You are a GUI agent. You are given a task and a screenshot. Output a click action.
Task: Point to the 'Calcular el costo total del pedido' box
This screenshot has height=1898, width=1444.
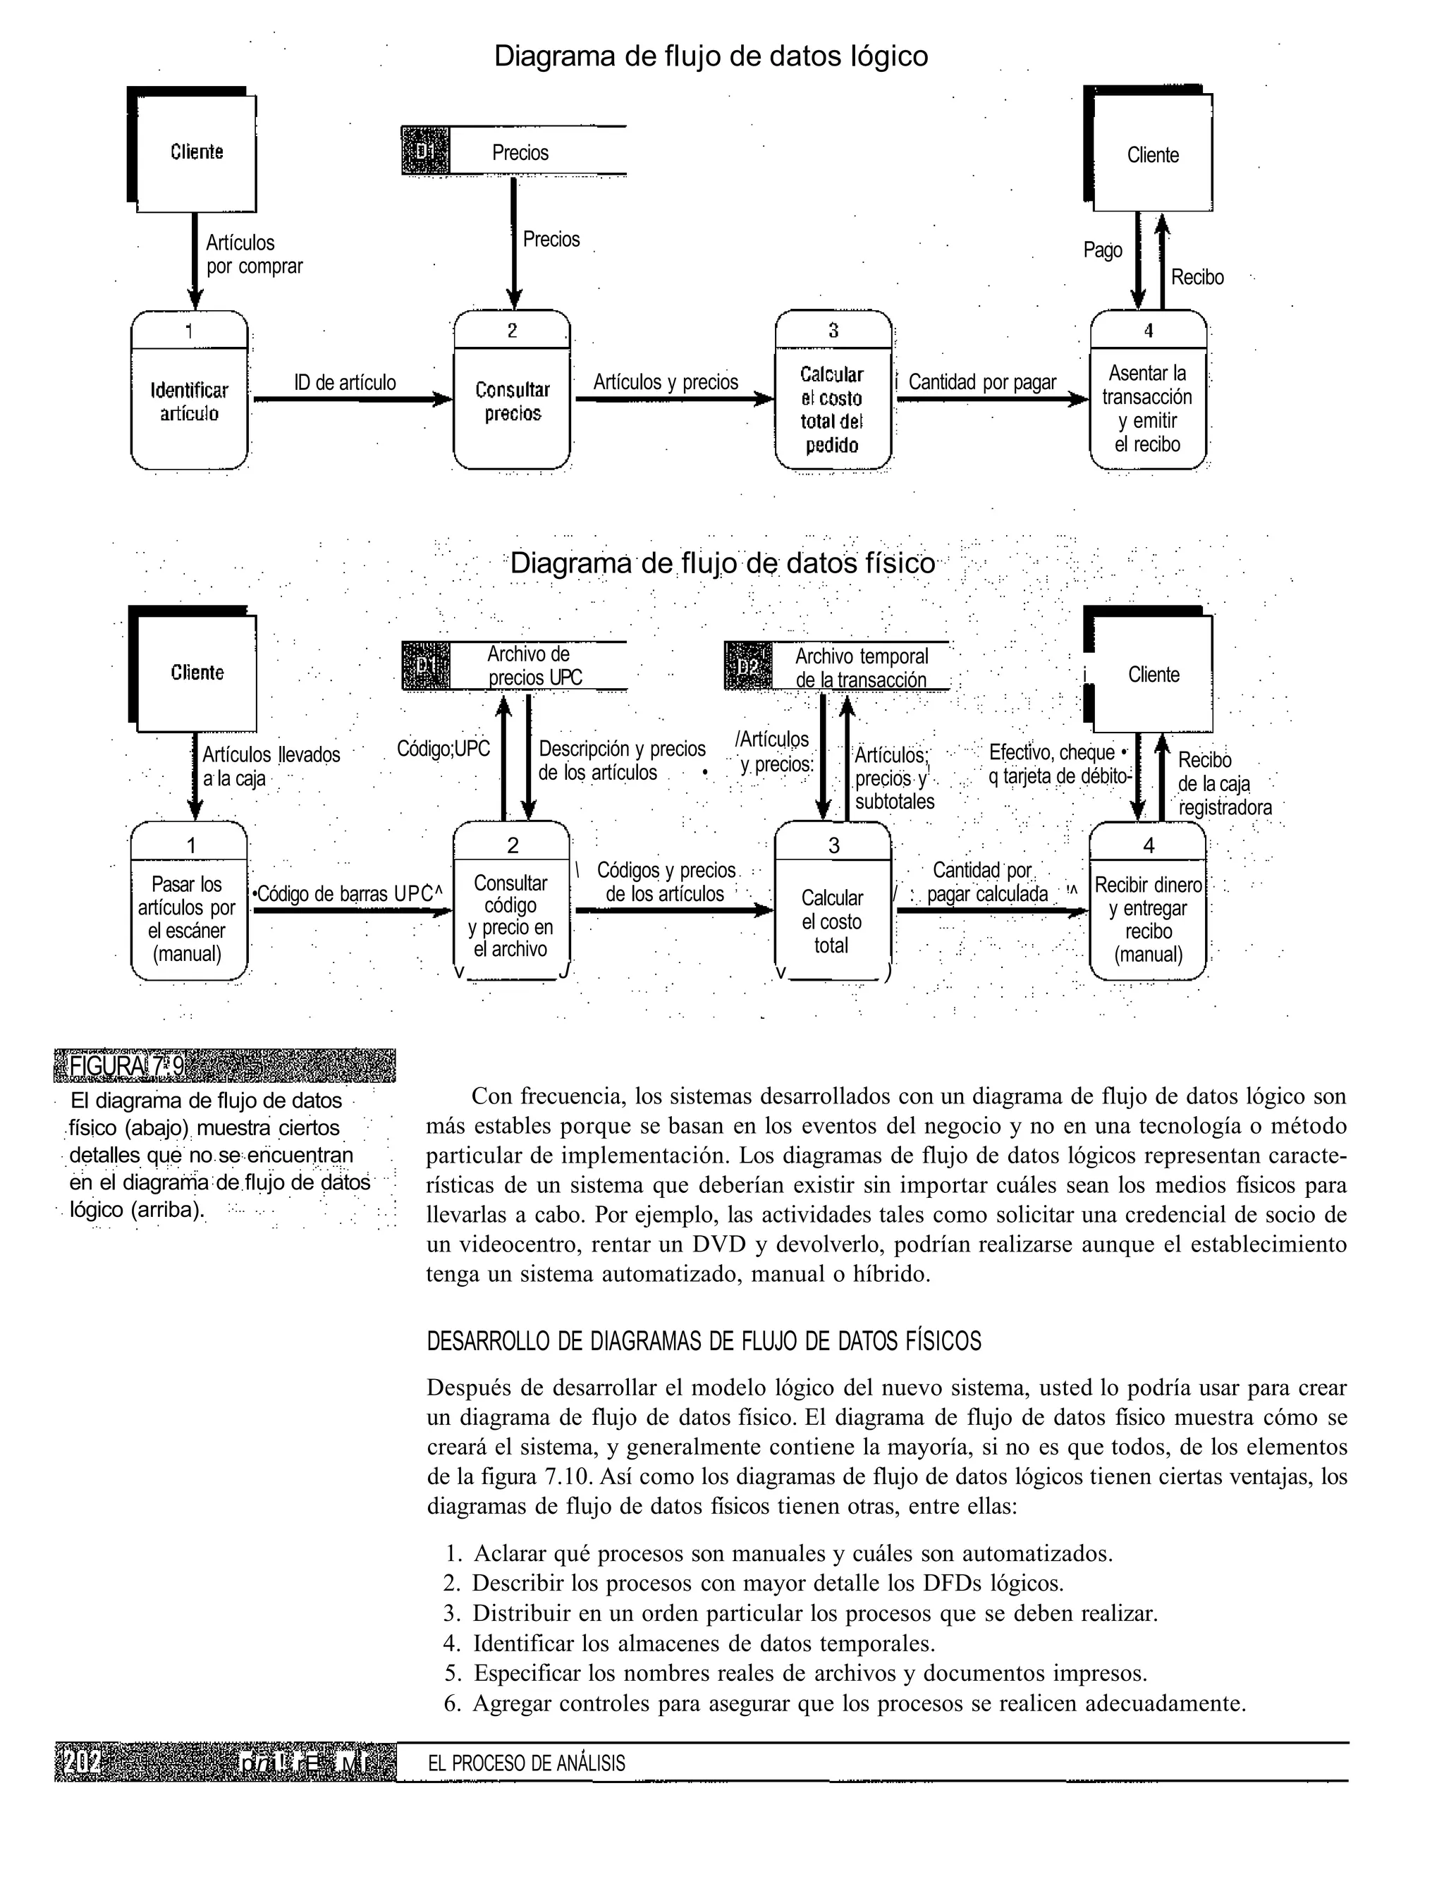click(x=832, y=409)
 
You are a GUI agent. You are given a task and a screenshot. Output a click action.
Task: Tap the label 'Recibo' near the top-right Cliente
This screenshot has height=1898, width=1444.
click(x=1197, y=278)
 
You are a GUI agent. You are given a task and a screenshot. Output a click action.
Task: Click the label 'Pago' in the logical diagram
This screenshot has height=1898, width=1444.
click(x=1103, y=250)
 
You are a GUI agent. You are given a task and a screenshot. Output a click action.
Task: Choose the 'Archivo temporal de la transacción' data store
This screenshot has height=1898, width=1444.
click(x=860, y=668)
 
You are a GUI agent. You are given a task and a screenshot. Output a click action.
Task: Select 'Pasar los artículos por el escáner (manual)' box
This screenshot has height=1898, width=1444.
click(x=188, y=918)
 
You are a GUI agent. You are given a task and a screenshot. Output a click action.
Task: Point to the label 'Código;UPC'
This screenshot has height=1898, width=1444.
click(x=443, y=749)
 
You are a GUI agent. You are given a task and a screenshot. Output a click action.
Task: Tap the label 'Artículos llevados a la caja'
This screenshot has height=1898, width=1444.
click(x=270, y=767)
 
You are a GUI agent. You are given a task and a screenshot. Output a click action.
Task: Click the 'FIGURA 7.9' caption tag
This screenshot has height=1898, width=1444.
click(x=126, y=1066)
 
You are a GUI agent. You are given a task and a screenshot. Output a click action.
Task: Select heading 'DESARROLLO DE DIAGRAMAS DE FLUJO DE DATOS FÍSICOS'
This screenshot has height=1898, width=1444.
click(x=703, y=1342)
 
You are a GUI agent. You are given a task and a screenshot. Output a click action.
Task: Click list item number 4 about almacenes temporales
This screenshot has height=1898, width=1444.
click(x=702, y=1643)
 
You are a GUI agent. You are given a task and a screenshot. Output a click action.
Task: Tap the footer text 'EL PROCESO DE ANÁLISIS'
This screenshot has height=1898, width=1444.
click(x=526, y=1764)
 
